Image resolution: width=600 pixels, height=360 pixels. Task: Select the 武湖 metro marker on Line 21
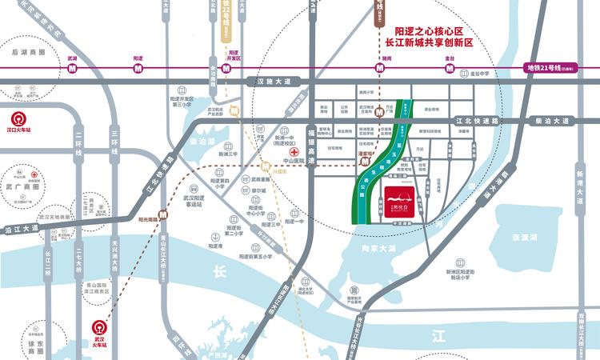72,68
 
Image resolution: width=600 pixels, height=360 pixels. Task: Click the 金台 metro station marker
450,68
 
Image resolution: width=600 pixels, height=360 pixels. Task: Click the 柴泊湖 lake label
203,142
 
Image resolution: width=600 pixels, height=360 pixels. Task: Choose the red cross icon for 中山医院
295,151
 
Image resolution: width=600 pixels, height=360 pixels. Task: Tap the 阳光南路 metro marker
162,214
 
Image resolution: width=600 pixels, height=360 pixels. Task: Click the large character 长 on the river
220,273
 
